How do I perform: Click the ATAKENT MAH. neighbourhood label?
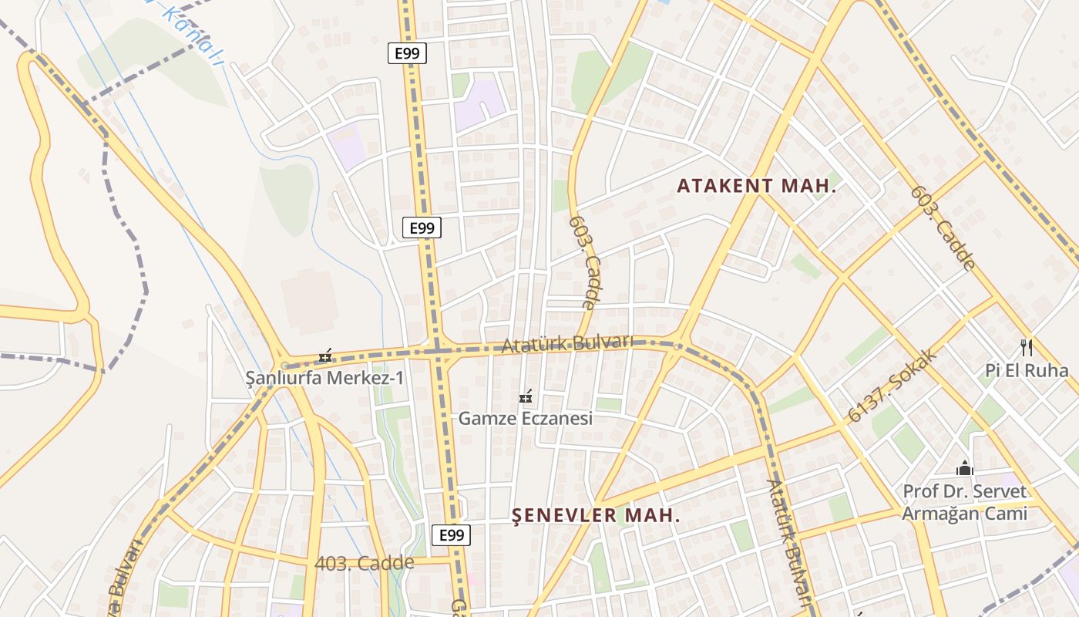coord(756,186)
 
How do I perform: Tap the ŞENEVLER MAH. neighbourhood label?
coord(596,516)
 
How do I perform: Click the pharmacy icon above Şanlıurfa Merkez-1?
coord(326,356)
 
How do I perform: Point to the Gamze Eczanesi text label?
coord(525,419)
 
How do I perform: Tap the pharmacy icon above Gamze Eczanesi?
coord(526,396)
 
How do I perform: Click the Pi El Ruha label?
coord(1027,371)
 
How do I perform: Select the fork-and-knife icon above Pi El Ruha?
coord(1026,347)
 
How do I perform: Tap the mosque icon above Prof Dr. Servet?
coord(964,468)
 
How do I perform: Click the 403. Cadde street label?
coord(364,564)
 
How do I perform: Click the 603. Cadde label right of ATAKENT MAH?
coord(942,228)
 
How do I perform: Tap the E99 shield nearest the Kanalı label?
coord(406,53)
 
